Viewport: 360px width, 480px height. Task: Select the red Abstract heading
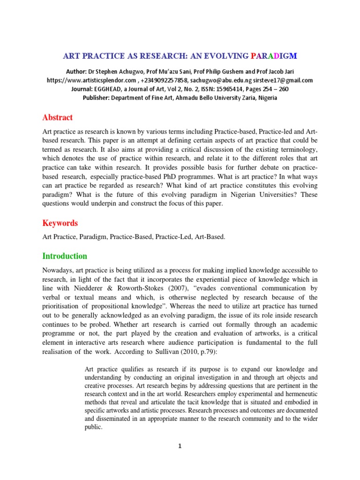pos(58,117)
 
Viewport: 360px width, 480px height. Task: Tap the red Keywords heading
pos(60,223)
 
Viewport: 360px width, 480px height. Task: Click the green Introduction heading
pos(65,256)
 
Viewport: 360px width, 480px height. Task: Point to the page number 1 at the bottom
pos(180,446)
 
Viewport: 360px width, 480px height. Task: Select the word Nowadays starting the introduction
pos(58,270)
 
